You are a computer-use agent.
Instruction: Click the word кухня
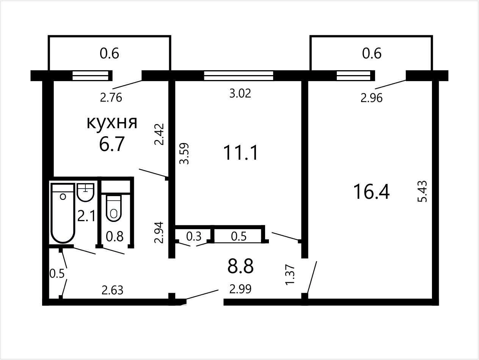point(112,123)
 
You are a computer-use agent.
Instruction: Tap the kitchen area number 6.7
point(112,144)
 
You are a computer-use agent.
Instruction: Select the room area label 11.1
point(240,153)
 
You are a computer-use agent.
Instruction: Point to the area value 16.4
point(371,192)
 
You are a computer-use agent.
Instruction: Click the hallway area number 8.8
point(240,266)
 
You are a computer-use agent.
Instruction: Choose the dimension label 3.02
point(240,93)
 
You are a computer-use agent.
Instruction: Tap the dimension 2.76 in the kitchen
point(111,97)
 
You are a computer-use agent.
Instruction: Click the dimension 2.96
point(371,98)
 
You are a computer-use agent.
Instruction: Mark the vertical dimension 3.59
point(184,153)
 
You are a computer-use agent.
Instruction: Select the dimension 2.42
point(159,134)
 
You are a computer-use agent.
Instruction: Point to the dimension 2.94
point(159,233)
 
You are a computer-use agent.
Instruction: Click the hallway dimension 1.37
point(290,275)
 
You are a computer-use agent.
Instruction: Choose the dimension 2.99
point(240,289)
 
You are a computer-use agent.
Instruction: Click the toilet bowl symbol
point(113,208)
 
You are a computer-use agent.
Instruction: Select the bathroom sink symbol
point(86,192)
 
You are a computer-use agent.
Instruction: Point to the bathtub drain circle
point(63,197)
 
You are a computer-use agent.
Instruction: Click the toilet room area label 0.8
point(115,236)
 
